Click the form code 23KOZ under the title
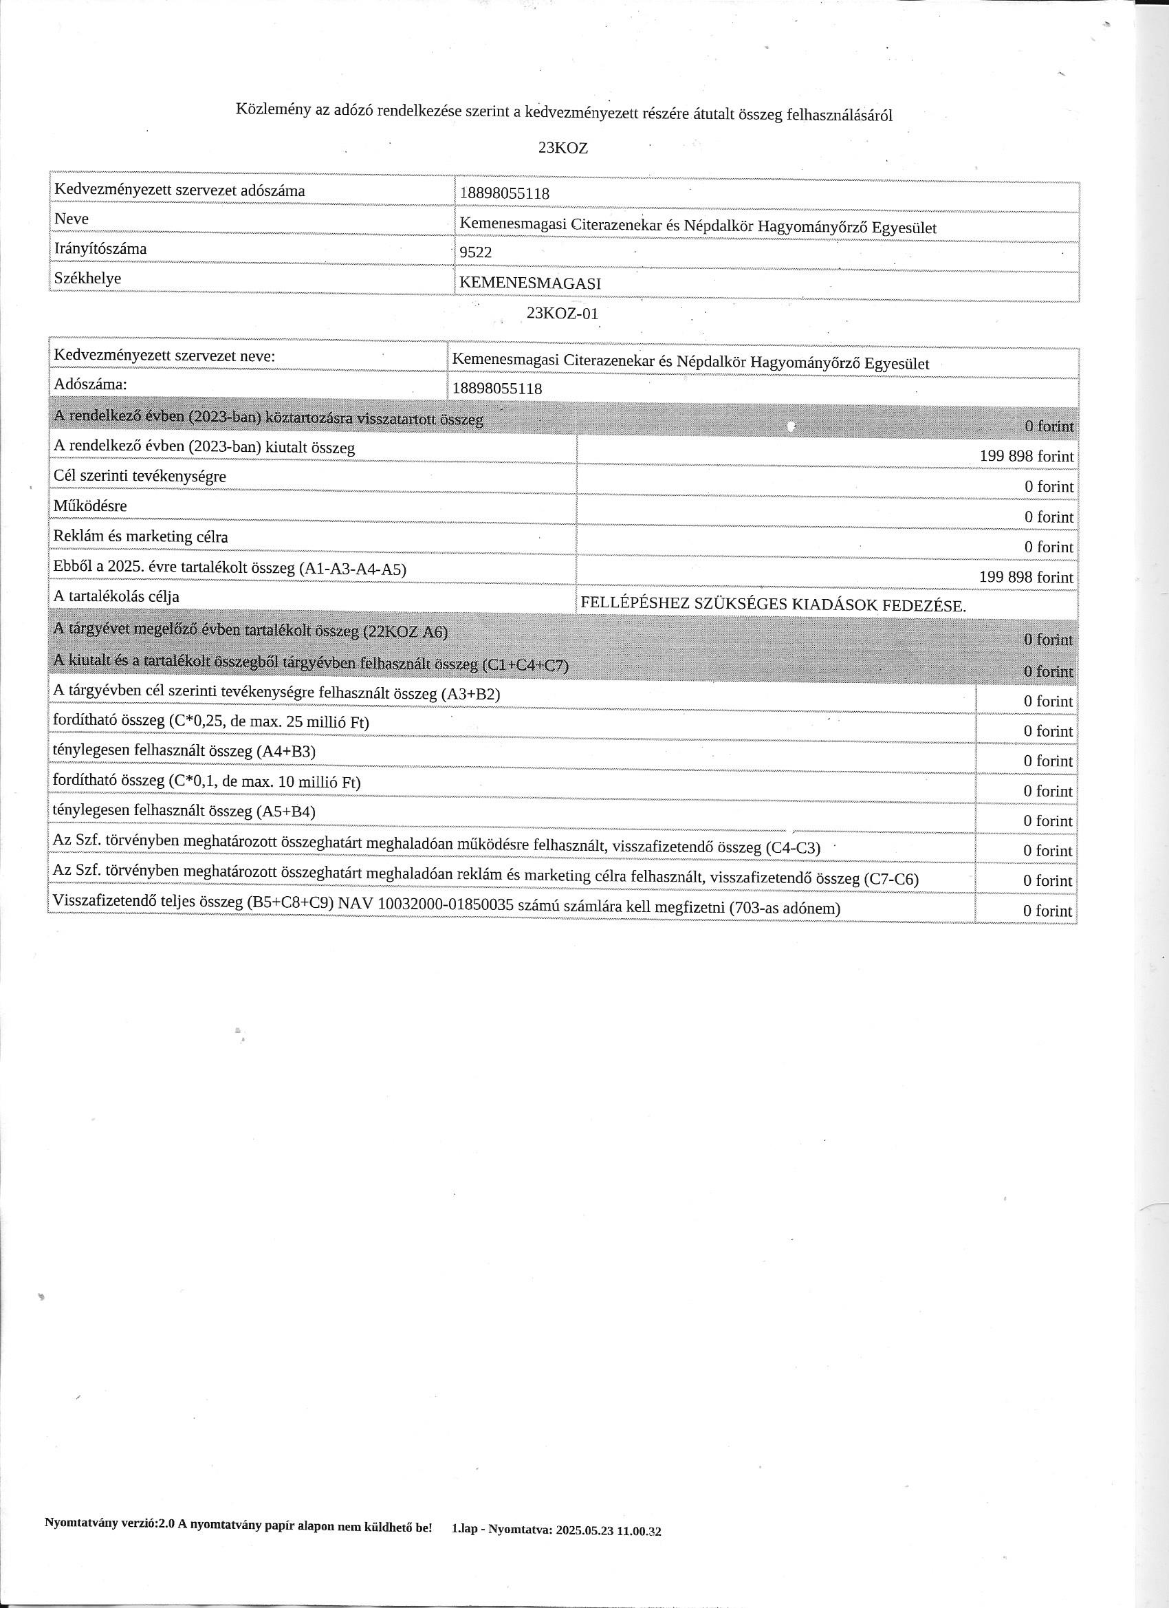(563, 148)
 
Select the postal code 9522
(476, 252)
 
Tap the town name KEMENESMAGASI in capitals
(530, 283)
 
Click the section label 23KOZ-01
(563, 314)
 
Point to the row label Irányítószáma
(100, 249)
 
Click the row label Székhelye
(87, 279)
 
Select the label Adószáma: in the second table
(90, 385)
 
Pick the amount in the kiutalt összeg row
(1027, 457)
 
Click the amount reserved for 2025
(1027, 577)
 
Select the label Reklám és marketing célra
(141, 536)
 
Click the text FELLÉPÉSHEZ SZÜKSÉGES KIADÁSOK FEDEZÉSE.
(773, 605)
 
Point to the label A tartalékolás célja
(116, 596)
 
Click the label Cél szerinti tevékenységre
(140, 476)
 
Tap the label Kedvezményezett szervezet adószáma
(179, 191)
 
